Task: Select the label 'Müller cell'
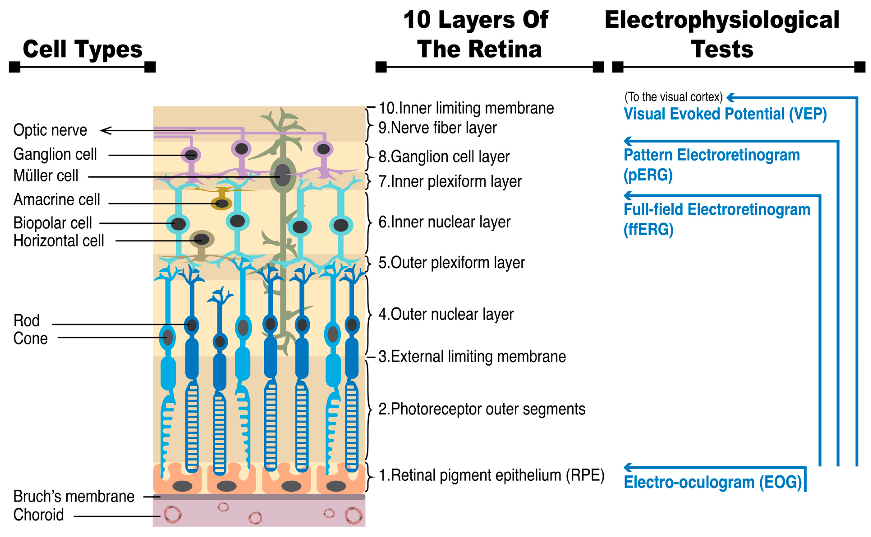46,176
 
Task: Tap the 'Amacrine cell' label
57,200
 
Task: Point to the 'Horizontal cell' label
58,241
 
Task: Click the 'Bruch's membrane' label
74,497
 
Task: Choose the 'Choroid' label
38,515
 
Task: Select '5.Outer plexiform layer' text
451,263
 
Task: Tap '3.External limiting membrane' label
472,357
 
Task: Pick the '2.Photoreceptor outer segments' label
482,409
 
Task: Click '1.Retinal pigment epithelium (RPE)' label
491,475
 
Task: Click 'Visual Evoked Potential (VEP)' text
725,114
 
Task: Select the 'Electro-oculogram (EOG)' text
712,482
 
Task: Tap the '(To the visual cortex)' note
673,97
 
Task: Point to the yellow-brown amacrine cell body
221,203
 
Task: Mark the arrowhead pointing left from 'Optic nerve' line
105,131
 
